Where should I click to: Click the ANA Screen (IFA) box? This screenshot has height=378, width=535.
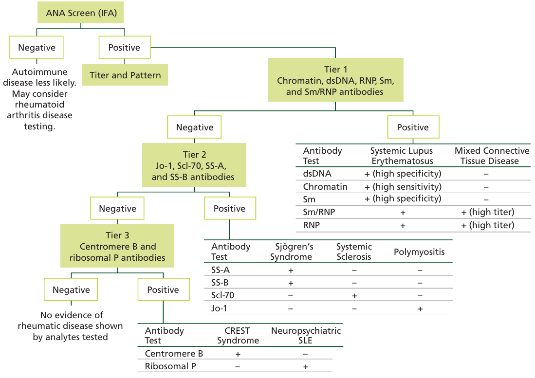[80, 13]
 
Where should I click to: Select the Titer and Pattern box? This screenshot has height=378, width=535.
[125, 74]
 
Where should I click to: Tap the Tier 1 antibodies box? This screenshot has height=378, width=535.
[335, 80]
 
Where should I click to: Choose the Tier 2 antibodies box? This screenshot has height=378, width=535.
[194, 165]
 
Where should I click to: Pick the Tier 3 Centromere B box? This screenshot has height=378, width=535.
[117, 246]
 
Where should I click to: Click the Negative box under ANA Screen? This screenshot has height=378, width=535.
[37, 47]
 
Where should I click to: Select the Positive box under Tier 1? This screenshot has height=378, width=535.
[413, 127]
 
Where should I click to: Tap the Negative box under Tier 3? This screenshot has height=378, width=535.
[71, 289]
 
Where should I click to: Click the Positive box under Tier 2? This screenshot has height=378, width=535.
[230, 208]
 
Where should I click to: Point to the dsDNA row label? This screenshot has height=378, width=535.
[317, 174]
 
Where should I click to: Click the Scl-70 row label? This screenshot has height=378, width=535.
[223, 295]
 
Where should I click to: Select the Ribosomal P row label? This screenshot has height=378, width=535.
[170, 366]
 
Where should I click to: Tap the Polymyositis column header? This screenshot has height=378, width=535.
[419, 252]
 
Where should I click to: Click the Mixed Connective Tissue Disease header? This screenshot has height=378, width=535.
[492, 156]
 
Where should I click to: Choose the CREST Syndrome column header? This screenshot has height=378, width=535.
[238, 335]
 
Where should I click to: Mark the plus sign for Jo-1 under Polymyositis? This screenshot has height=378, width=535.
[420, 309]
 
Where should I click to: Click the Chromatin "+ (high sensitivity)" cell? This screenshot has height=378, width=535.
[403, 187]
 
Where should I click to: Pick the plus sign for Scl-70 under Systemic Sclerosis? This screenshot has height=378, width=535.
[354, 296]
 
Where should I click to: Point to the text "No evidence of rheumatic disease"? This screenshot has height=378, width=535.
[70, 321]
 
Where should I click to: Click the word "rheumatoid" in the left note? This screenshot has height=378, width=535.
[39, 104]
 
